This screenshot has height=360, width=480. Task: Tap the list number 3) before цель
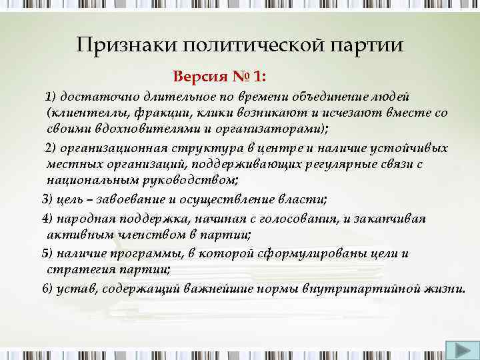47,199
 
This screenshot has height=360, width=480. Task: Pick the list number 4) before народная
47,219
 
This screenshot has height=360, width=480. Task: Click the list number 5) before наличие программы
47,253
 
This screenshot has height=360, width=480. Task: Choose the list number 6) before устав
47,288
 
